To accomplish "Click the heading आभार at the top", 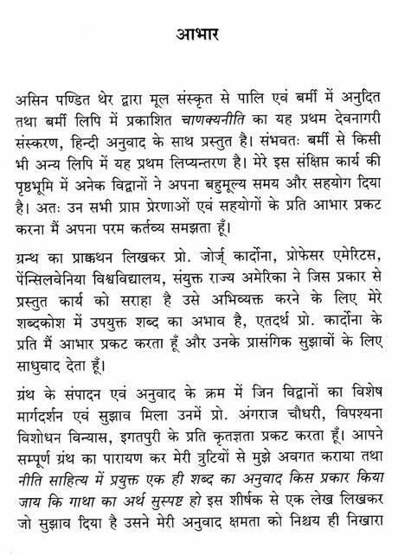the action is pyautogui.click(x=198, y=37).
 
